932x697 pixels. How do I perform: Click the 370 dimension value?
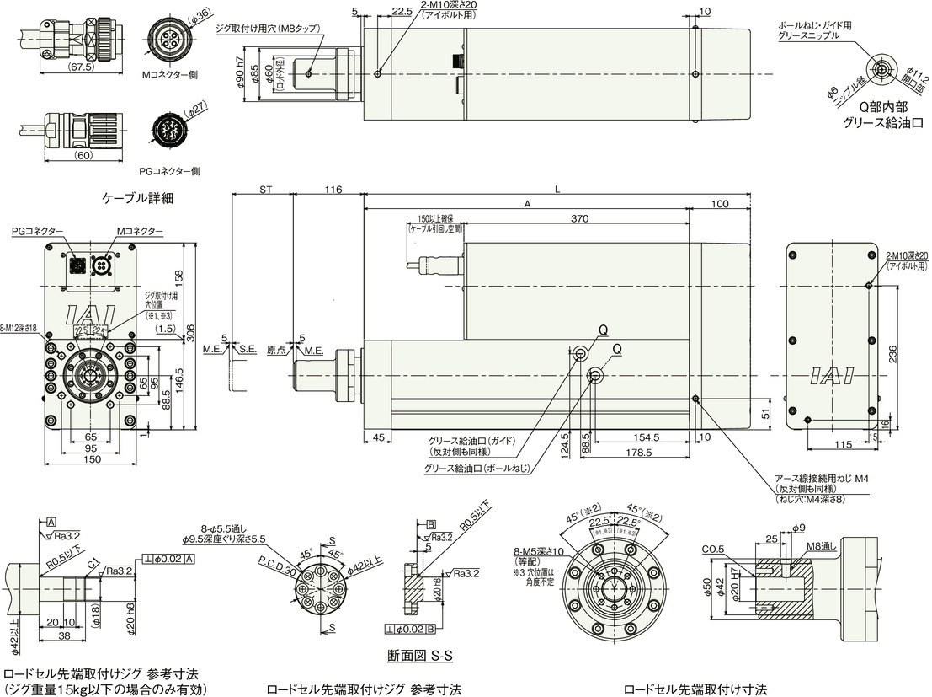(x=578, y=219)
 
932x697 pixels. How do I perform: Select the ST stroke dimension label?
(x=264, y=190)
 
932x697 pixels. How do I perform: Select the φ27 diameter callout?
(x=195, y=109)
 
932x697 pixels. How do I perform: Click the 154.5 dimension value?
(x=647, y=438)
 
